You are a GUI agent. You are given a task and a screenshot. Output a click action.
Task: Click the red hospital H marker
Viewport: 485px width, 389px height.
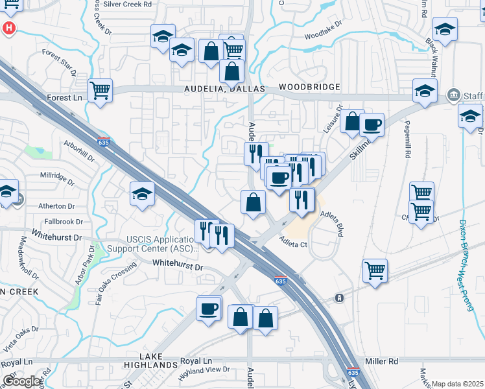[9, 29]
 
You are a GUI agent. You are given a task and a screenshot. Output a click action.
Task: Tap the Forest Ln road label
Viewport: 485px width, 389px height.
[65, 97]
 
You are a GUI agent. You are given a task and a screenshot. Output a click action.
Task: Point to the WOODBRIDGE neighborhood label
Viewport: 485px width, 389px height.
[310, 87]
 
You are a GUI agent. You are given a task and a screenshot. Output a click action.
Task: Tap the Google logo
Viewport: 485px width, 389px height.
[21, 381]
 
